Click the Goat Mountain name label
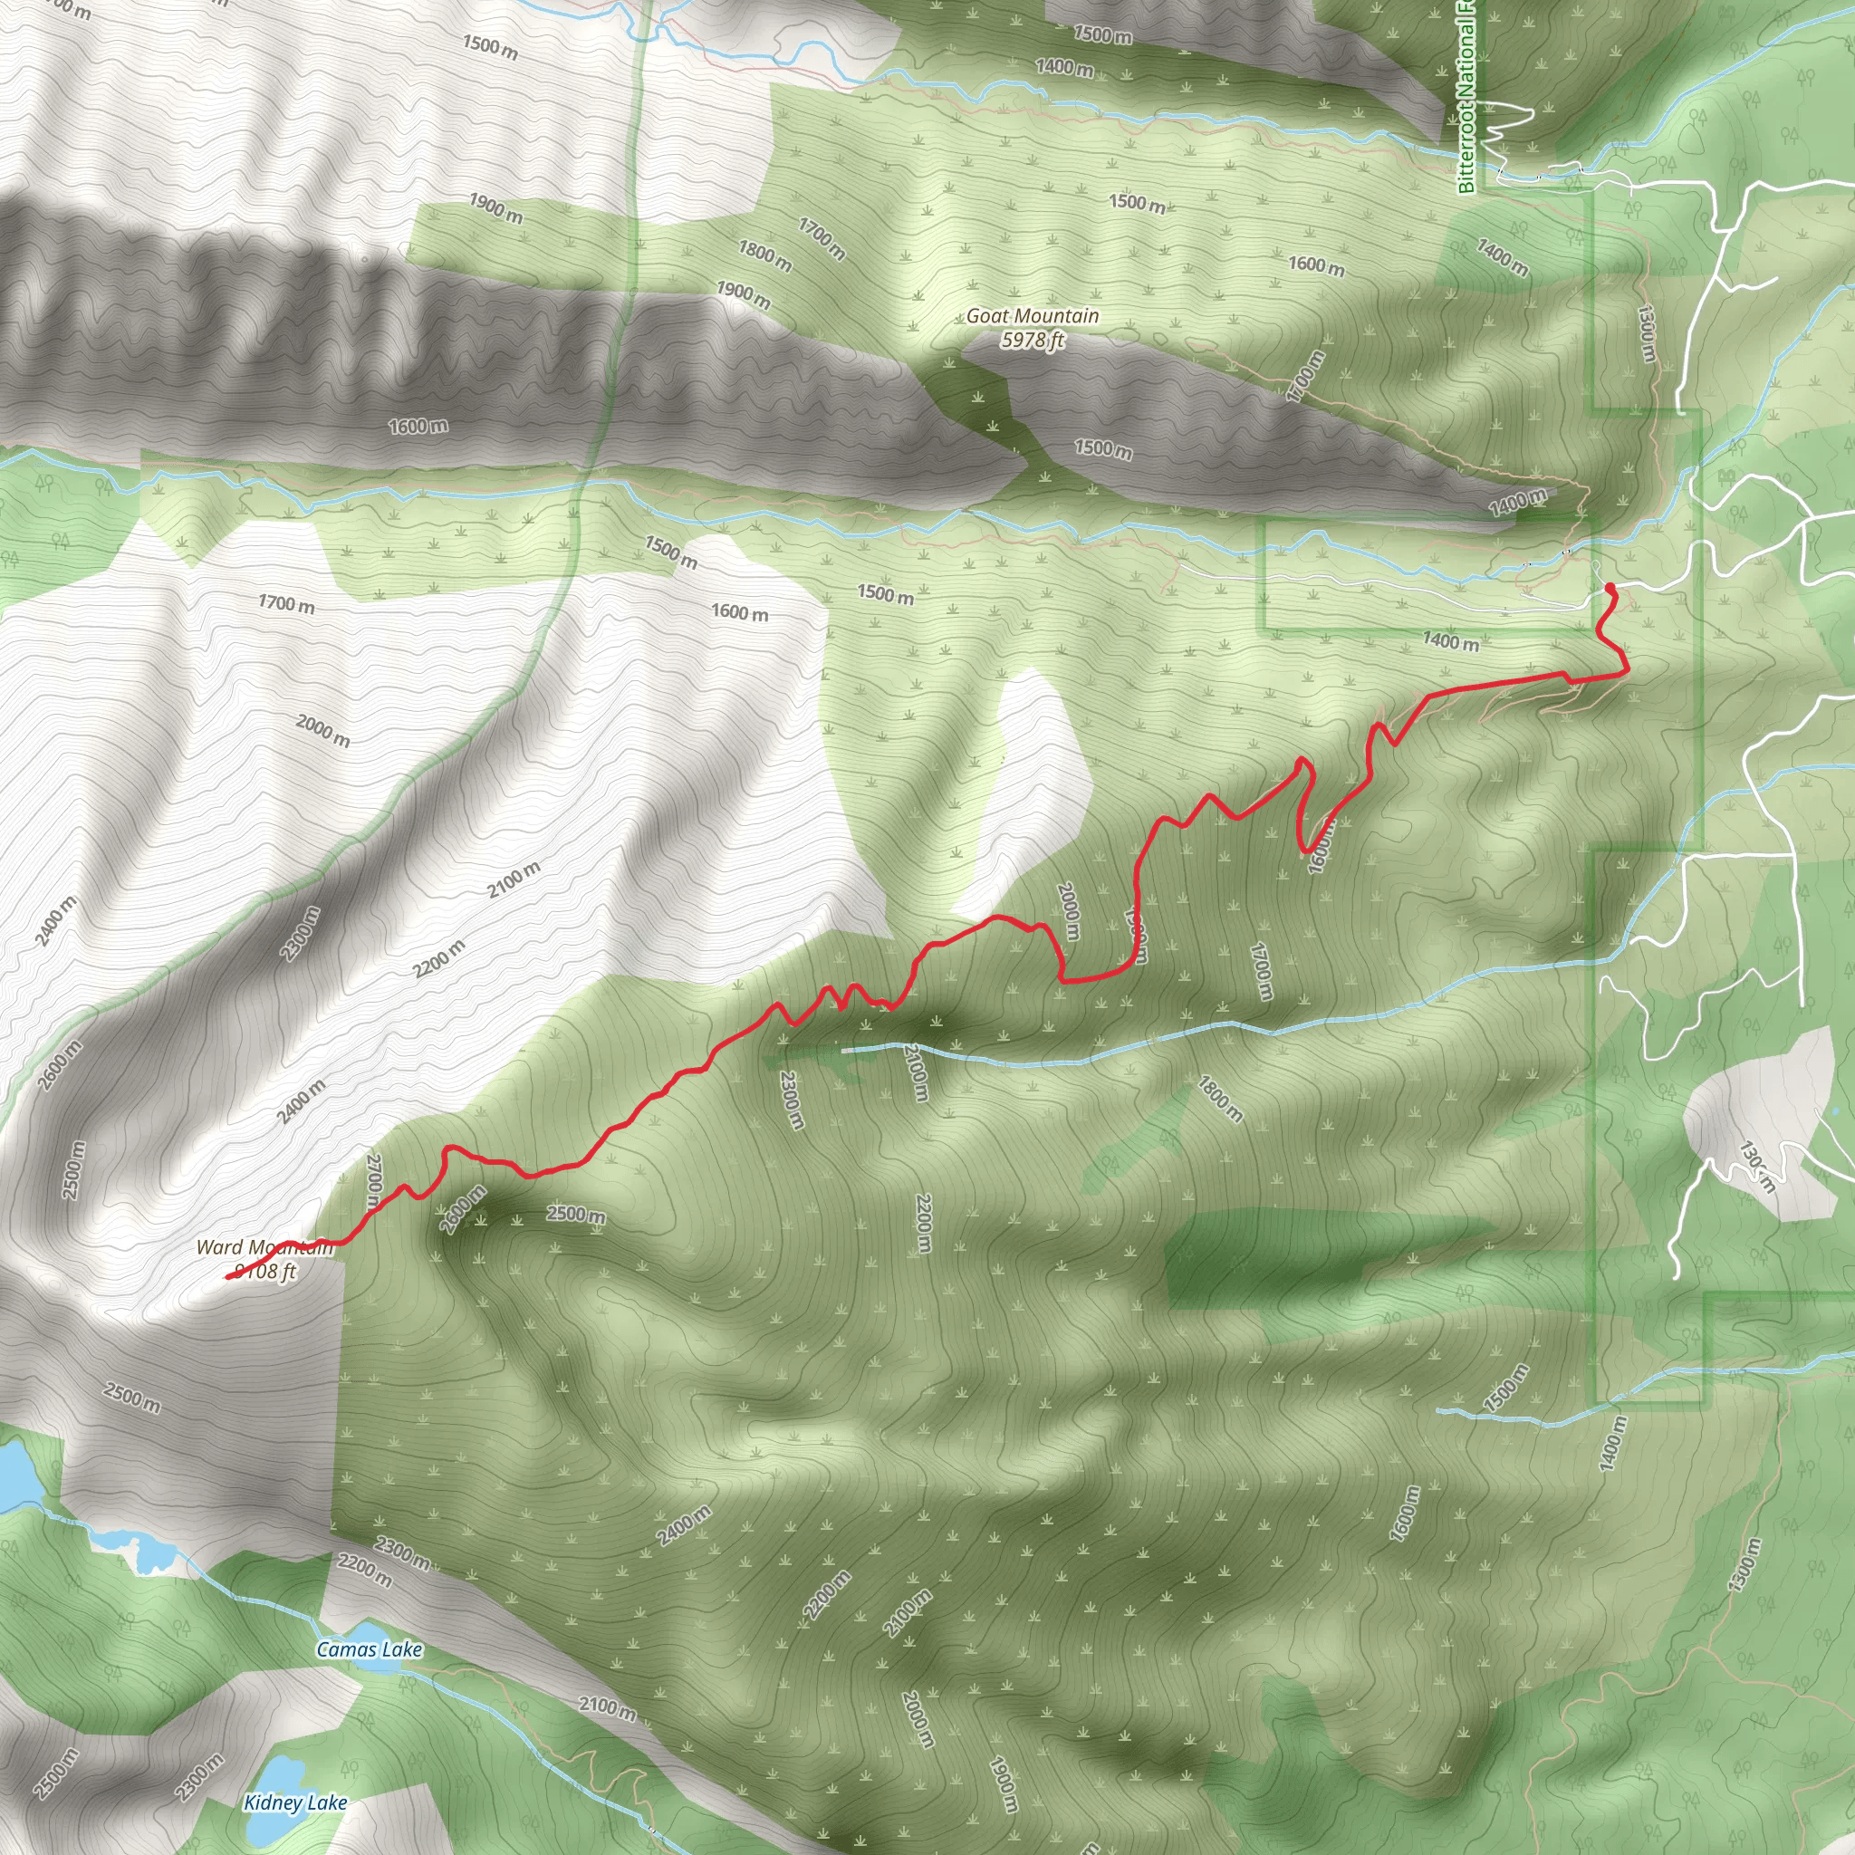pos(1033,316)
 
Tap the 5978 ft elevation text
pos(1033,340)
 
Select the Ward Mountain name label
pos(264,1247)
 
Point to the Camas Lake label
pos(370,1648)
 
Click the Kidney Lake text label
pos(294,1802)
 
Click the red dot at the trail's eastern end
pos(1610,587)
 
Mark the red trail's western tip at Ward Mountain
pos(227,1277)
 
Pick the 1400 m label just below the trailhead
pos(1451,640)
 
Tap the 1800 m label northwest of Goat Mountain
pos(764,255)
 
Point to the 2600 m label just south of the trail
pos(462,1210)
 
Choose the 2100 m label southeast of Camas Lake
pos(607,1708)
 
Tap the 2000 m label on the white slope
pos(322,731)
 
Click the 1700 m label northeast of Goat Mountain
pos(1306,375)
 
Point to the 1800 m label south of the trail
pos(1220,1100)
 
